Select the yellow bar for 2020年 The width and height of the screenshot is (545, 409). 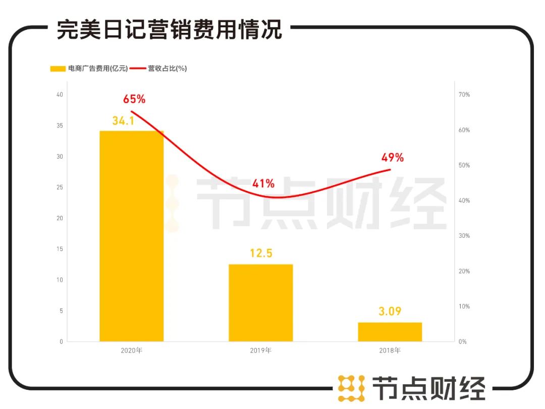click(131, 236)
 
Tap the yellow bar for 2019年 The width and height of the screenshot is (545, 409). click(260, 302)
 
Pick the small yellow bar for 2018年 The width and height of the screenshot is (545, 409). click(390, 332)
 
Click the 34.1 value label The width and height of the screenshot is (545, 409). click(124, 121)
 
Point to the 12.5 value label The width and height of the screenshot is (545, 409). click(261, 253)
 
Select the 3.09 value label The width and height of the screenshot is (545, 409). click(390, 311)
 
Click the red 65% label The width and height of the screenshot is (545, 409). click(134, 99)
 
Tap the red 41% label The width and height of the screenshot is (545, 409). click(263, 183)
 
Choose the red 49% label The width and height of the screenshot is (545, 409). click(393, 158)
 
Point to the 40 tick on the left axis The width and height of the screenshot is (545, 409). click(60, 94)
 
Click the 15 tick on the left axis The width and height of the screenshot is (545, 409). click(60, 249)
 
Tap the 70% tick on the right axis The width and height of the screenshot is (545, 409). click(464, 94)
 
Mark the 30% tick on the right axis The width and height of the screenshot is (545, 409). click(464, 236)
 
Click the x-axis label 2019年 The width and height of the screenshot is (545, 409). click(261, 350)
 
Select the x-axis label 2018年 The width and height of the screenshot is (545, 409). click(390, 350)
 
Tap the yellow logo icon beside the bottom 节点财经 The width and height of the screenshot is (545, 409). click(351, 388)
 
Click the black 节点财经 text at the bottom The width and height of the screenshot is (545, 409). click(428, 389)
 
